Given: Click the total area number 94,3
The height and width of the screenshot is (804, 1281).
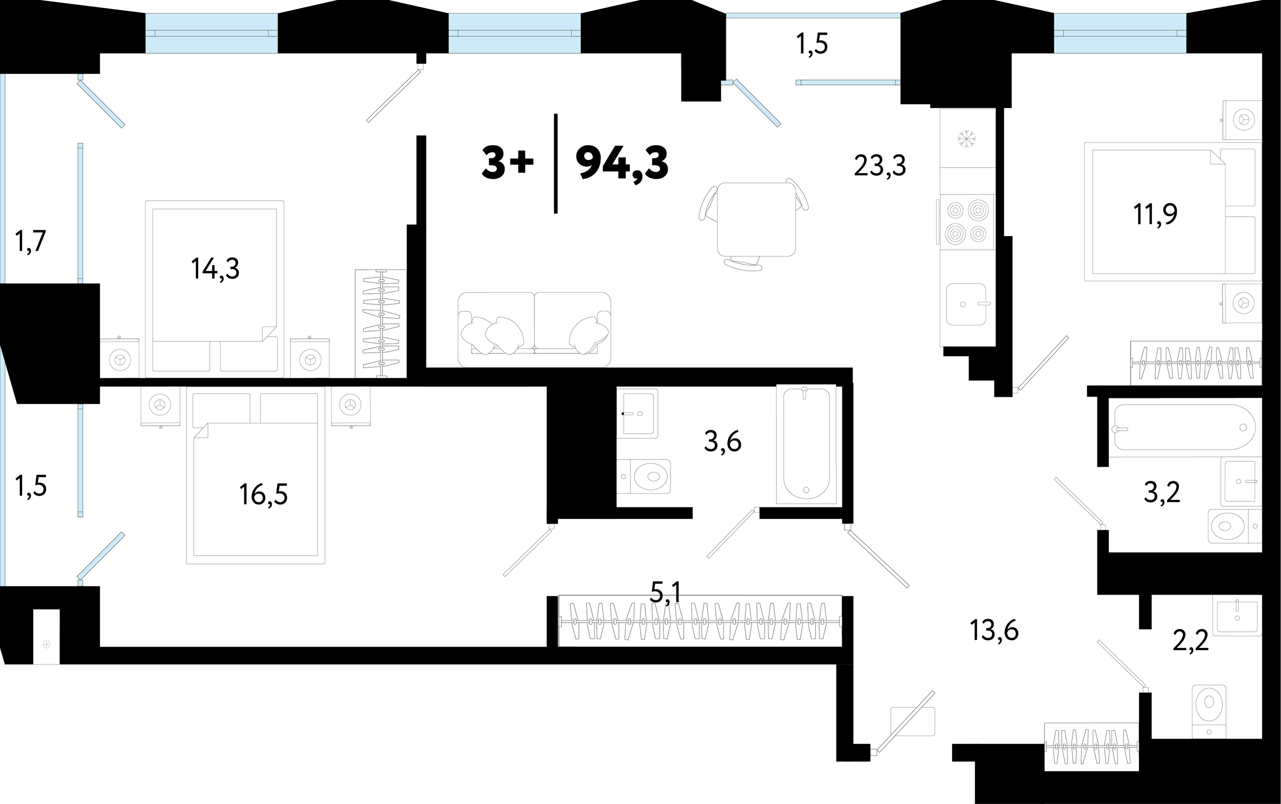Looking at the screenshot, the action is [622, 164].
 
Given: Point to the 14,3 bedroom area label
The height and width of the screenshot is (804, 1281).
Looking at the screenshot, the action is [215, 270].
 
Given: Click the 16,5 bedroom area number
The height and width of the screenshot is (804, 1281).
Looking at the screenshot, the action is [263, 495].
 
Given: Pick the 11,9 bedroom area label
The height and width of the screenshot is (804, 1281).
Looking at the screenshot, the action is [1155, 214].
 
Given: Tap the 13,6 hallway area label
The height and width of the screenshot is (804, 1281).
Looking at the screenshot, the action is [994, 631].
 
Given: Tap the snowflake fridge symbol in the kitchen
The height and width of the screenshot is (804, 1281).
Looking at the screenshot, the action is [965, 140].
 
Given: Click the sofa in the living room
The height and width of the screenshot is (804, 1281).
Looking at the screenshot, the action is [534, 330].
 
